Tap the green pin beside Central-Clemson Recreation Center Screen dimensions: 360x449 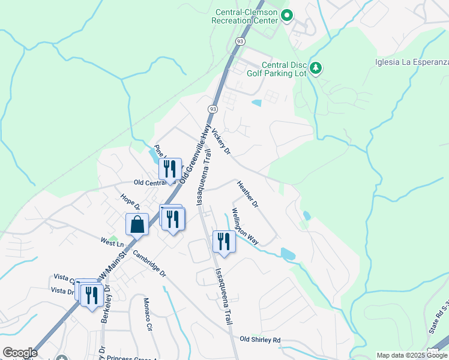pyautogui.click(x=287, y=16)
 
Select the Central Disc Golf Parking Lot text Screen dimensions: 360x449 pyautogui.click(x=285, y=70)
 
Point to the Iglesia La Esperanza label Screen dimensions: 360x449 pyautogui.click(x=412, y=62)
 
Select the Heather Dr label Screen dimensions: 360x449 pyautogui.click(x=247, y=194)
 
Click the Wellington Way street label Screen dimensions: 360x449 pyautogui.click(x=245, y=226)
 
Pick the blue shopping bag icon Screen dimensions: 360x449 pyautogui.click(x=137, y=225)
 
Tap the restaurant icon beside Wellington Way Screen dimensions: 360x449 pyautogui.click(x=224, y=241)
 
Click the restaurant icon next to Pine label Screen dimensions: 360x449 pyautogui.click(x=170, y=169)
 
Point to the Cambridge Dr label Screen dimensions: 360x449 pyautogui.click(x=149, y=264)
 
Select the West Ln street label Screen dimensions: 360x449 pyautogui.click(x=112, y=243)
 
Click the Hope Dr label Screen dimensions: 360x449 pyautogui.click(x=130, y=202)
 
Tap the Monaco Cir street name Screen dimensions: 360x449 pyautogui.click(x=147, y=314)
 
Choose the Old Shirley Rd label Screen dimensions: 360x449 pyautogui.click(x=260, y=340)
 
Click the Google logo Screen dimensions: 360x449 pyautogui.click(x=20, y=353)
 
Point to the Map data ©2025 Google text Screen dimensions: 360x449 pyautogui.click(x=412, y=355)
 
